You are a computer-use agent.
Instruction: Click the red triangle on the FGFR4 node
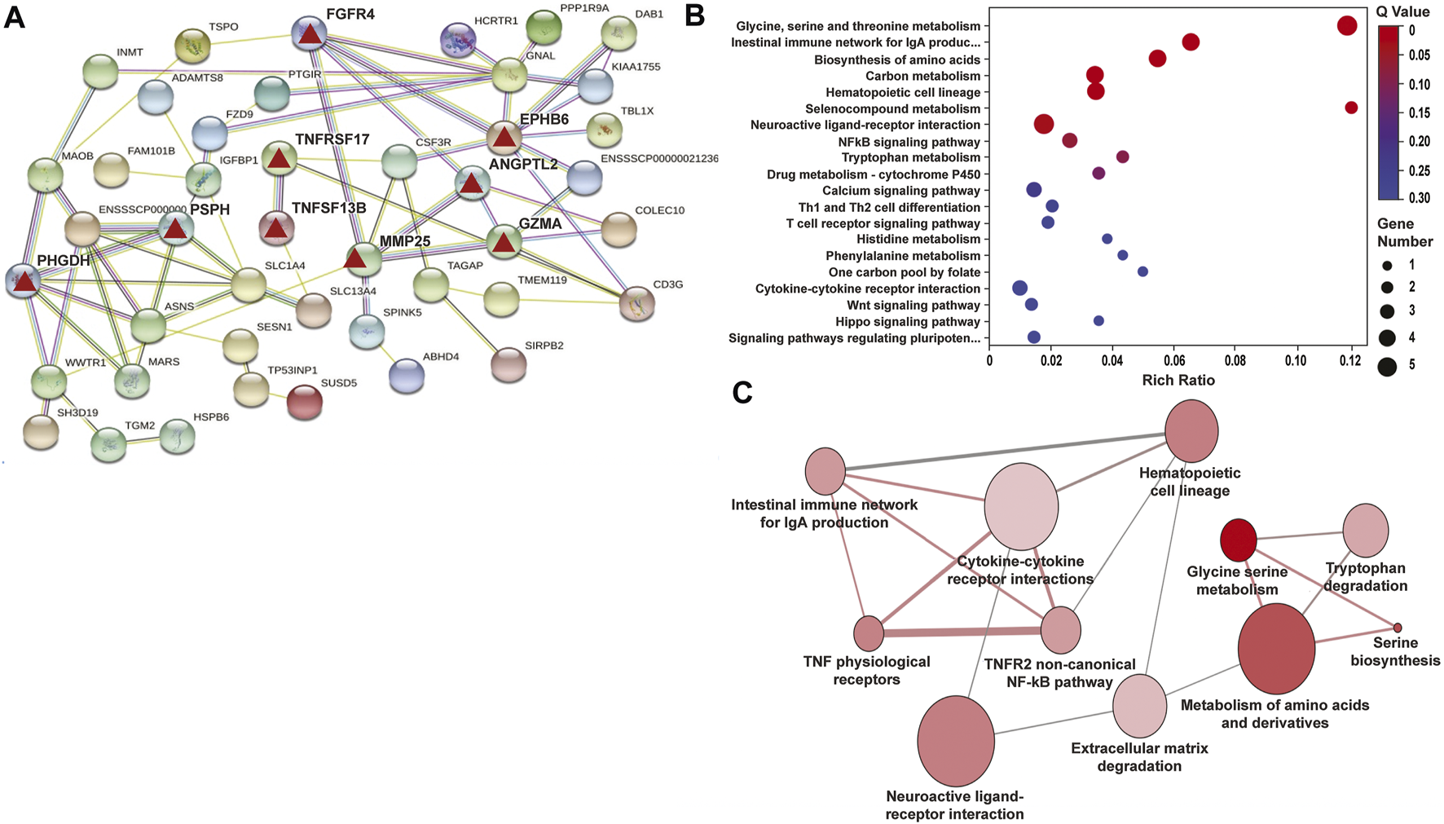click(x=309, y=34)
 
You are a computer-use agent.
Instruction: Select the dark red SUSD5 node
click(x=305, y=403)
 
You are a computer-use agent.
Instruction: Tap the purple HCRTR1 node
click(x=458, y=40)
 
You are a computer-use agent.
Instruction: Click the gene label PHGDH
click(x=64, y=261)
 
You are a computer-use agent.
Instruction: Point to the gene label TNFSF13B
click(x=329, y=208)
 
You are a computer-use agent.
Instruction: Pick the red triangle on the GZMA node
click(x=504, y=241)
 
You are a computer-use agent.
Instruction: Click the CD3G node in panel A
click(x=637, y=304)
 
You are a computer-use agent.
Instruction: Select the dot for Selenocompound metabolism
click(x=1351, y=108)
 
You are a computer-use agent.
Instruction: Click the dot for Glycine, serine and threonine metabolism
click(x=1347, y=26)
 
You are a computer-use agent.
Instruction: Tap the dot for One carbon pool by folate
click(x=1142, y=271)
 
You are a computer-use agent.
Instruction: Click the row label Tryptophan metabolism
click(x=910, y=157)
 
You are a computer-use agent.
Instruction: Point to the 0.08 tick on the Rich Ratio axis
click(x=1235, y=361)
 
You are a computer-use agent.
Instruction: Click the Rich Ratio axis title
click(x=1178, y=380)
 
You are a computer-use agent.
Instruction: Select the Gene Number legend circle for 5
click(x=1386, y=366)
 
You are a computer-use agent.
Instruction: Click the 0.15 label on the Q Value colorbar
click(x=1419, y=113)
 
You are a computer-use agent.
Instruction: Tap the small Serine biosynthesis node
click(x=1398, y=628)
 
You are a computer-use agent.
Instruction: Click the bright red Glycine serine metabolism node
click(x=1238, y=540)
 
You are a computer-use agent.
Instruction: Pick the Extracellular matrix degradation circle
click(x=1140, y=706)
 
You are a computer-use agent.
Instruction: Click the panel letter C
click(x=742, y=393)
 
